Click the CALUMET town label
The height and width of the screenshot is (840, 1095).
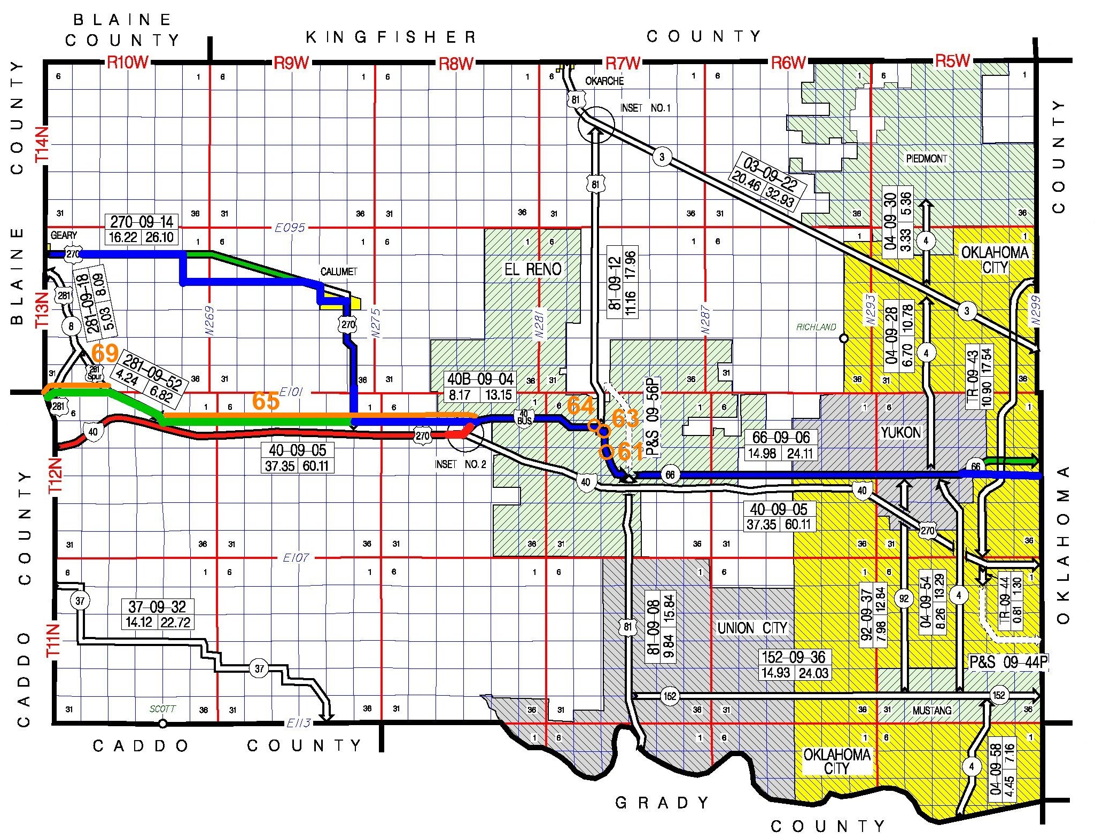pyautogui.click(x=338, y=271)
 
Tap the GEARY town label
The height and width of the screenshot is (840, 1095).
pyautogui.click(x=64, y=235)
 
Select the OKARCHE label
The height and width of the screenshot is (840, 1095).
pyautogui.click(x=604, y=81)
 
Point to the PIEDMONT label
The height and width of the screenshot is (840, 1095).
pyautogui.click(x=926, y=159)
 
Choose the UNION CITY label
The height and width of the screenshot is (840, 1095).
pyautogui.click(x=752, y=628)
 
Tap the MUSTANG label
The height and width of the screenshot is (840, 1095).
pyautogui.click(x=931, y=710)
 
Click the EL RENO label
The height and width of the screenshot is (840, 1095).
pyautogui.click(x=533, y=269)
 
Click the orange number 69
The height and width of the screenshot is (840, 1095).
pyautogui.click(x=105, y=353)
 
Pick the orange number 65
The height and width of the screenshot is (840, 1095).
pyautogui.click(x=266, y=401)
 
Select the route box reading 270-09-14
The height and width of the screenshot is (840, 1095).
pyautogui.click(x=142, y=229)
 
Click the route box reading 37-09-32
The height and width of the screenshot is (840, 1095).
pyautogui.click(x=157, y=615)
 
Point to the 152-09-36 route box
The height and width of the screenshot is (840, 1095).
pyautogui.click(x=795, y=665)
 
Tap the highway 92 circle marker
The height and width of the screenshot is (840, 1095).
pyautogui.click(x=904, y=598)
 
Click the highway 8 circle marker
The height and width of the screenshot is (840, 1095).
pyautogui.click(x=71, y=326)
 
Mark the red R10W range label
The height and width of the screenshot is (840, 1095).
pyautogui.click(x=127, y=63)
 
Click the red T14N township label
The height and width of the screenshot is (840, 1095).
pyautogui.click(x=42, y=144)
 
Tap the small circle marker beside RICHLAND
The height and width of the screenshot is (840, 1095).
pyautogui.click(x=844, y=338)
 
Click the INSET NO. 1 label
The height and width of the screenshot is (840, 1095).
pyautogui.click(x=645, y=108)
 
